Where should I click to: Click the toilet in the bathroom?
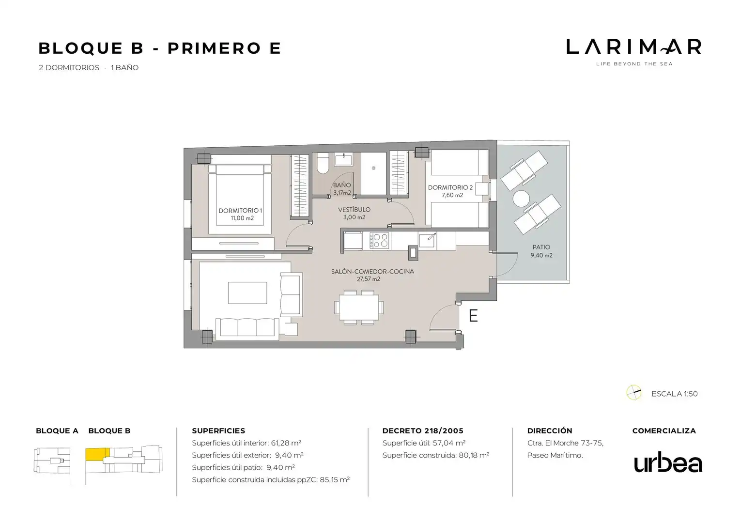coord(323,163)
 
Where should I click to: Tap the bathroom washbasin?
coord(343,160)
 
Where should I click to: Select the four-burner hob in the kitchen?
coord(379,240)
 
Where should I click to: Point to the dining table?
coord(359,308)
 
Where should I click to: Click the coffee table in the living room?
coord(247,292)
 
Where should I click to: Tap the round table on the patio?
coord(521,199)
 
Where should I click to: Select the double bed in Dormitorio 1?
coord(240,200)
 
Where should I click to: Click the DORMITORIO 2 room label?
coord(450,187)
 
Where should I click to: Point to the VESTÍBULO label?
coord(354,210)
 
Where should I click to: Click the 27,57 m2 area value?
coord(369,279)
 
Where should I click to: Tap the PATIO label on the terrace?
coord(541,247)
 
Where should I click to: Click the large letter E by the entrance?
coord(473,316)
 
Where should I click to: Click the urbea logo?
coord(668,462)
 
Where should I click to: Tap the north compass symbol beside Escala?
coord(633,393)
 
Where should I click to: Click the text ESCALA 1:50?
coord(674,394)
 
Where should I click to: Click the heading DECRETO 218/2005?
coord(423,431)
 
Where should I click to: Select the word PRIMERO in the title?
coord(214,48)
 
